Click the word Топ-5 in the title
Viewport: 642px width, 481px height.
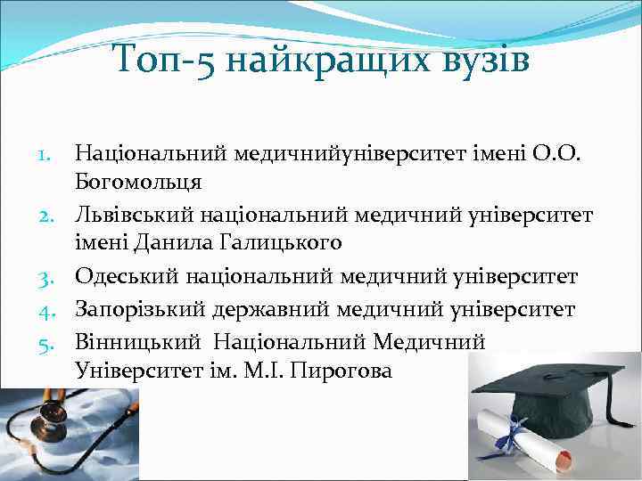pyautogui.click(x=163, y=62)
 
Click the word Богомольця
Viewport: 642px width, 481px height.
pyautogui.click(x=138, y=183)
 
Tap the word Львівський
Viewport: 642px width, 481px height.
pyautogui.click(x=131, y=216)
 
